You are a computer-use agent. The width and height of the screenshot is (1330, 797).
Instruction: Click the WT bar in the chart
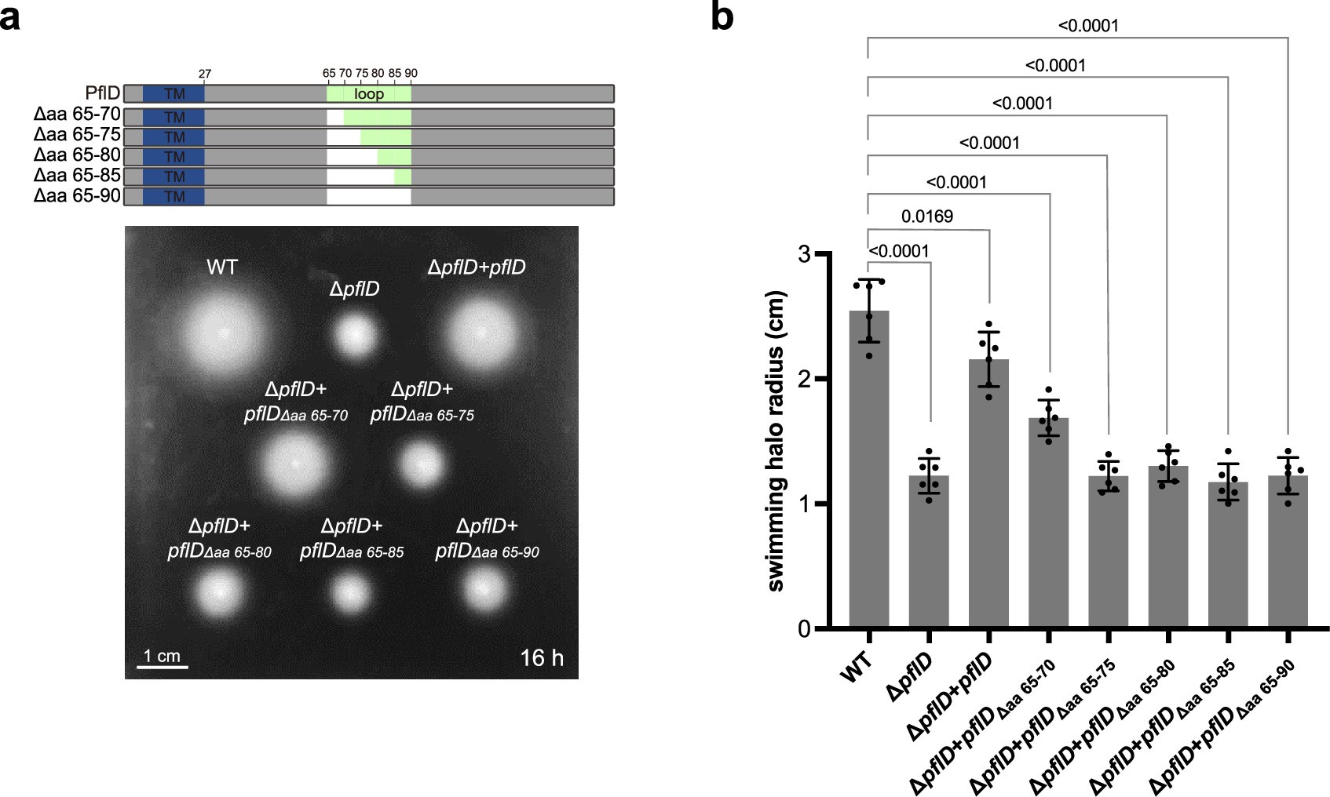point(868,471)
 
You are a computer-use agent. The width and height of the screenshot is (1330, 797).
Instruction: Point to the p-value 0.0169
point(927,217)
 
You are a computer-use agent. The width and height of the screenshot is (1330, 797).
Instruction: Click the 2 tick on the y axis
point(803,379)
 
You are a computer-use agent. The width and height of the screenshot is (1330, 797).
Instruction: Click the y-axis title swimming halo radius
point(776,441)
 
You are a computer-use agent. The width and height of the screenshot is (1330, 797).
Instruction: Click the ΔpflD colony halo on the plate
point(356,336)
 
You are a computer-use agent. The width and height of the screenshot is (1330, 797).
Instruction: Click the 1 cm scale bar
point(163,667)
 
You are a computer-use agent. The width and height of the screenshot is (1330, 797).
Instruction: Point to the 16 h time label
point(541,657)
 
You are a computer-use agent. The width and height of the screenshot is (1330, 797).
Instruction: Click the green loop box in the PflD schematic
point(368,94)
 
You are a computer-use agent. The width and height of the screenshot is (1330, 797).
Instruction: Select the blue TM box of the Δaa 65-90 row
point(174,196)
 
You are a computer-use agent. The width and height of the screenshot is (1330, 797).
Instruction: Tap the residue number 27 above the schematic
point(204,74)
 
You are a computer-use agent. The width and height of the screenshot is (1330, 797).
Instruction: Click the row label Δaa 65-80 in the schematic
point(77,155)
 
